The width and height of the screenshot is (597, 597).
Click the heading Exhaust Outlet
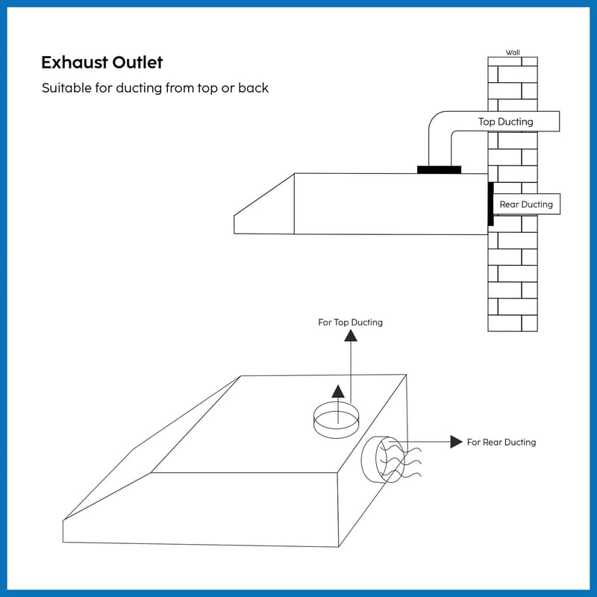click(x=101, y=61)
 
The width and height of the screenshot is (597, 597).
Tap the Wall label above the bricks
click(x=513, y=52)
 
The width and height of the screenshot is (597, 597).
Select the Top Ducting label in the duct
click(x=506, y=122)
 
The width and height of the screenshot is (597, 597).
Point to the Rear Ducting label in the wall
click(x=526, y=204)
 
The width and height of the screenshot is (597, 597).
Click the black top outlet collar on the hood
click(x=439, y=169)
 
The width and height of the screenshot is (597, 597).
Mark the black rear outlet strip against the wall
click(x=490, y=203)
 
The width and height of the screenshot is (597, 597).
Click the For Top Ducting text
click(x=350, y=322)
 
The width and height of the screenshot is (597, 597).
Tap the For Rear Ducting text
click(x=501, y=443)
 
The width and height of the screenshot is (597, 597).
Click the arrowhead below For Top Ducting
click(x=350, y=335)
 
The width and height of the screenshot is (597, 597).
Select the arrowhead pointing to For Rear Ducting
click(x=456, y=442)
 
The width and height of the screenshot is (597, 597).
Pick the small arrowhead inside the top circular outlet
click(x=338, y=391)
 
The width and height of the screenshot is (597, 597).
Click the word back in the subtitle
click(x=254, y=88)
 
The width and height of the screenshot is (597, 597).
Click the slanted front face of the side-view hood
click(x=263, y=206)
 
